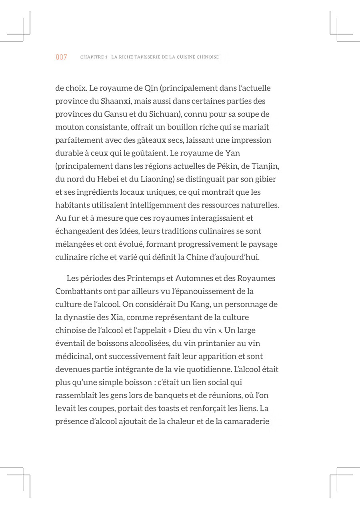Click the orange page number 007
(x=61, y=57)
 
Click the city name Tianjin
(x=264, y=166)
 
